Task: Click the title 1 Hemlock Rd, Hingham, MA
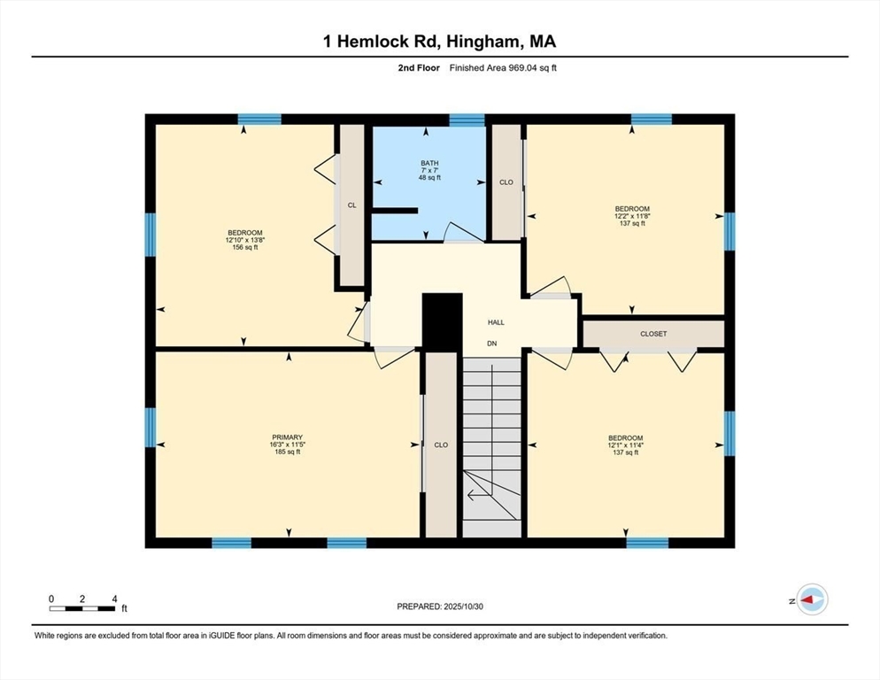440,41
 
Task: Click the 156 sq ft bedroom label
243,240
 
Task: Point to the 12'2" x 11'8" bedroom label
631,216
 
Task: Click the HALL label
496,322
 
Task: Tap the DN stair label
492,343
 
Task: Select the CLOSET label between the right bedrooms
653,334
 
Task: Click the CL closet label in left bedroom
351,205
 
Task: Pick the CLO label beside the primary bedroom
441,444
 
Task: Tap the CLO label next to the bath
506,182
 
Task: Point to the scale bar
82,608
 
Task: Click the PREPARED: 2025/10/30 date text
440,606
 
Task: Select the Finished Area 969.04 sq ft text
503,67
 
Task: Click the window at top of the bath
467,120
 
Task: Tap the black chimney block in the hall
443,322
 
